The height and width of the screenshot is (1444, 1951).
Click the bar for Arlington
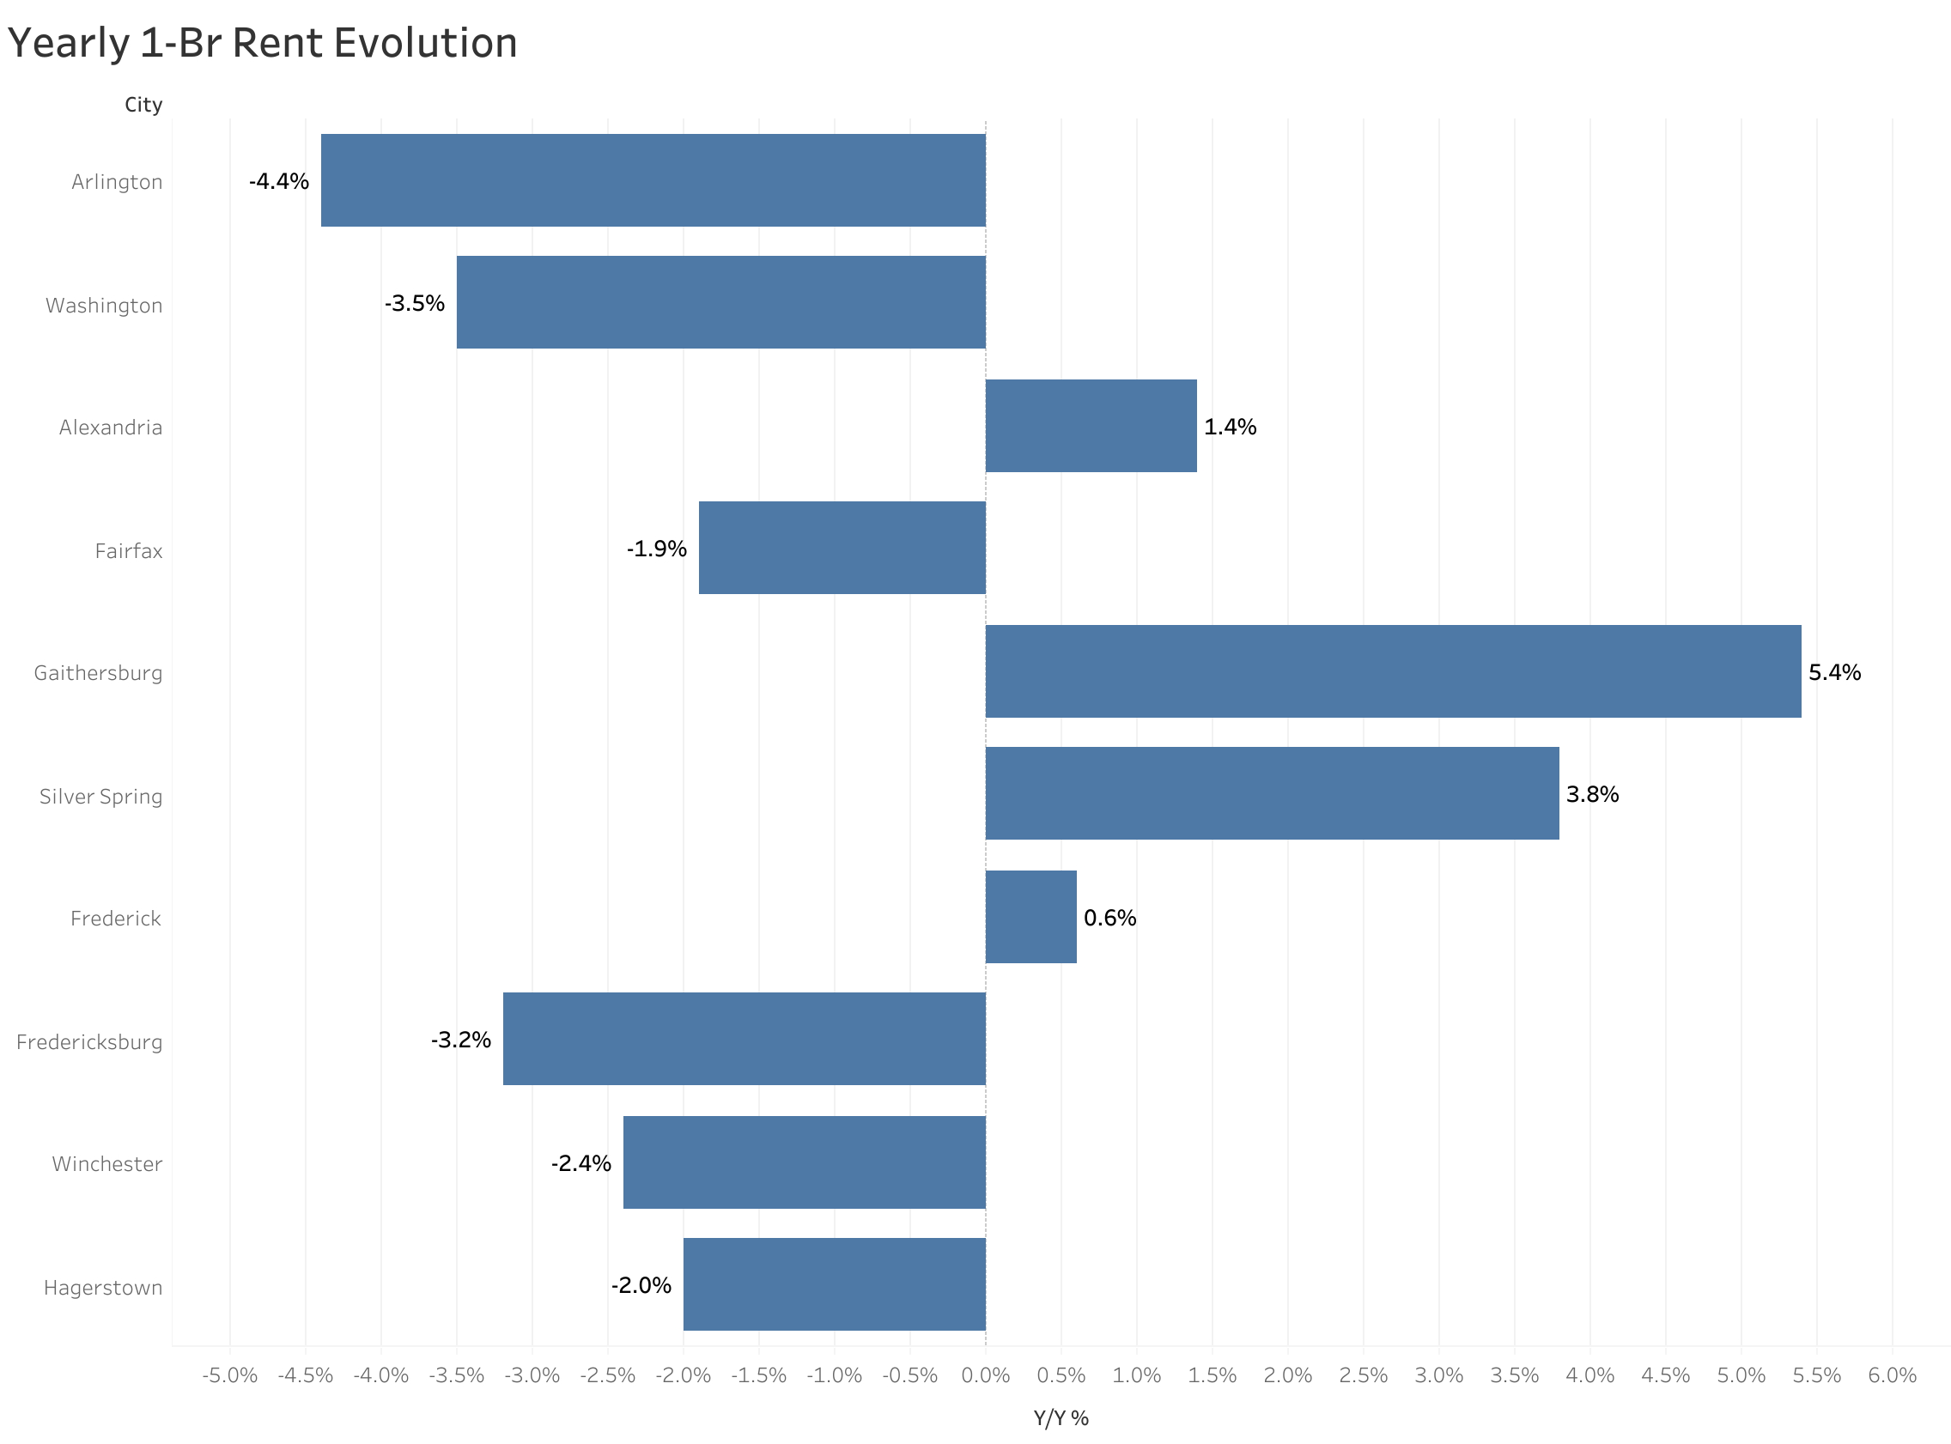653,180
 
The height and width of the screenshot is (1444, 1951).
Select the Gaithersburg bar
1393,671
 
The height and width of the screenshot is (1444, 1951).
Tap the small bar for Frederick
1030,917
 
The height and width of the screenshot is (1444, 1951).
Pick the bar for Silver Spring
1272,793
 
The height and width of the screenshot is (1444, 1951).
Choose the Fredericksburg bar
744,1039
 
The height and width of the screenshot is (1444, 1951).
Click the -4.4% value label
279,181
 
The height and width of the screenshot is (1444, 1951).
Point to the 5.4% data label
1834,672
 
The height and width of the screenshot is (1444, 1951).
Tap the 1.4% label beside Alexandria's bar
1229,427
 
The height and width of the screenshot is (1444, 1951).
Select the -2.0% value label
641,1285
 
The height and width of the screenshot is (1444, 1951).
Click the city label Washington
104,305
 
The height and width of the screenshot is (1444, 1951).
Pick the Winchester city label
106,1163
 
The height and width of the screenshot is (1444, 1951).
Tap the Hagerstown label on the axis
103,1288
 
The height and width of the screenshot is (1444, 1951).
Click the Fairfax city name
129,550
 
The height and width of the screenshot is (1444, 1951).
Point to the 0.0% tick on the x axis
985,1376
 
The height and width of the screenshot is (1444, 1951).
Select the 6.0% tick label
1892,1376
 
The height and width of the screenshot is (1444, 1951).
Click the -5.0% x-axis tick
230,1376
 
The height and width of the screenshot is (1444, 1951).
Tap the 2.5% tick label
1363,1376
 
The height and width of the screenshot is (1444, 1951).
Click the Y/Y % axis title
1061,1418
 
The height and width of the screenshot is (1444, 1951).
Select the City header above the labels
143,105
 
